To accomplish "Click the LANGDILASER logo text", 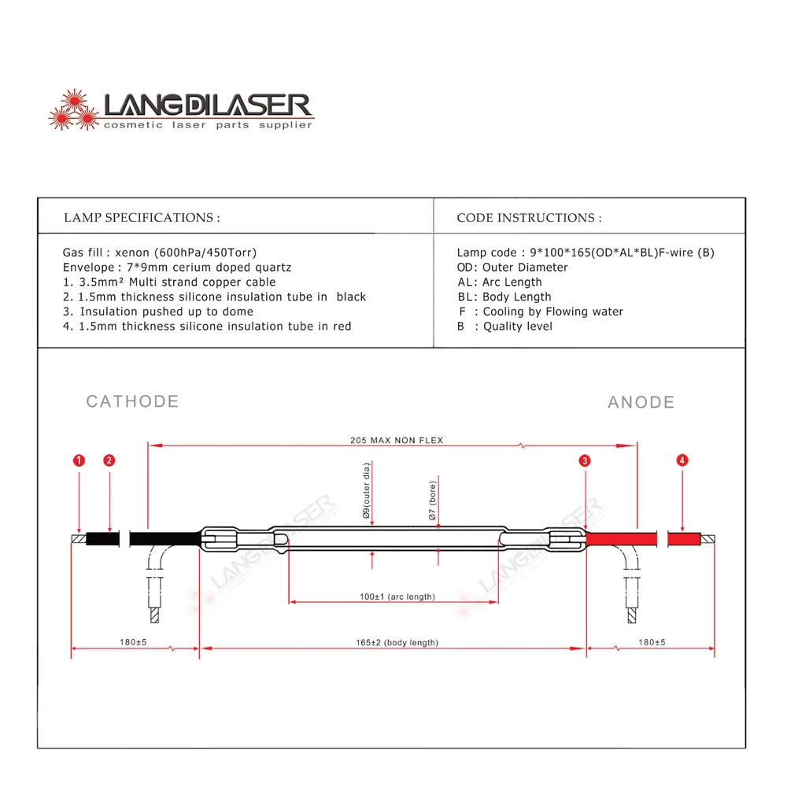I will (x=209, y=105).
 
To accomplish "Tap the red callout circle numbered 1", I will (x=78, y=460).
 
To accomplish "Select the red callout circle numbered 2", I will (x=109, y=460).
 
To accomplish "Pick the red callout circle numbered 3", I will (x=585, y=461).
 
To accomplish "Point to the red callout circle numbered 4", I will (x=682, y=460).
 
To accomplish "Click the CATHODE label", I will (x=132, y=401).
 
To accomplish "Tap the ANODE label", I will (x=641, y=402).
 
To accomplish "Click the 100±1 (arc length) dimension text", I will (x=397, y=597).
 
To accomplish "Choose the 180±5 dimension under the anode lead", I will (x=651, y=643).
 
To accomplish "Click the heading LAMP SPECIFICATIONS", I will (x=142, y=217).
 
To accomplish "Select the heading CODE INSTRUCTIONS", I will (x=529, y=217).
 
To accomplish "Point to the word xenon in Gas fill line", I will (x=132, y=253).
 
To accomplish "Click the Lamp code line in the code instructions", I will (x=586, y=253).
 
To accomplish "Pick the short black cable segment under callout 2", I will (x=102, y=539).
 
